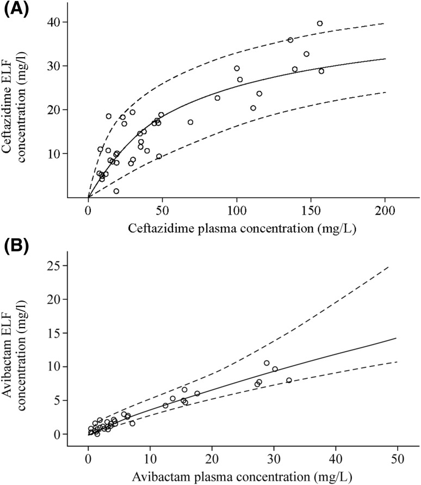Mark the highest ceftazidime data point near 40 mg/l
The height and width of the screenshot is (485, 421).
pyautogui.click(x=320, y=23)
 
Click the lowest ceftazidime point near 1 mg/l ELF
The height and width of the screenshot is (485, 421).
pyautogui.click(x=116, y=191)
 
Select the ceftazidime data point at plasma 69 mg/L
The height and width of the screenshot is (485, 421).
pyautogui.click(x=190, y=122)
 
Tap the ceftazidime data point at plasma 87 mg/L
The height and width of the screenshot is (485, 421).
pyautogui.click(x=217, y=98)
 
